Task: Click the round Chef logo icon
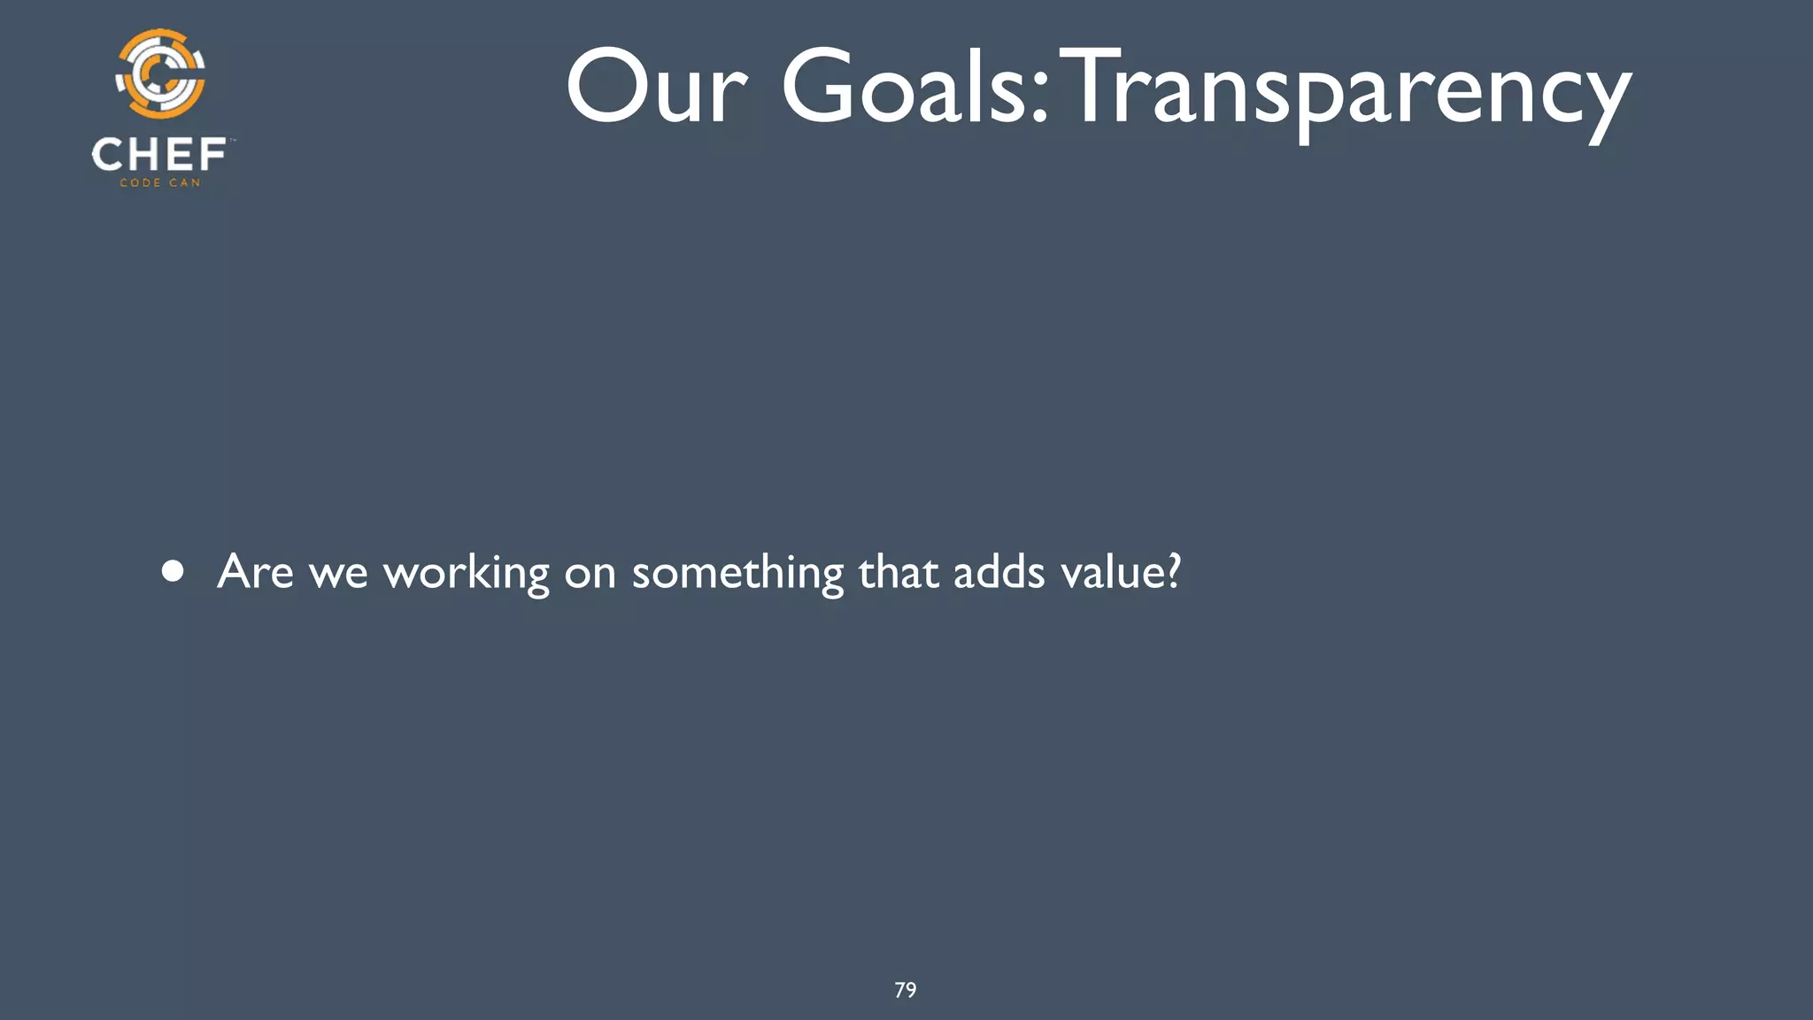(160, 74)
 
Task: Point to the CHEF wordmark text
(159, 155)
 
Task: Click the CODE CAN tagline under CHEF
(160, 183)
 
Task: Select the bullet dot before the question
(174, 571)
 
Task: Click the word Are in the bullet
(255, 571)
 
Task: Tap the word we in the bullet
(337, 574)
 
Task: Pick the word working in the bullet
(466, 574)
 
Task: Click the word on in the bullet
(590, 574)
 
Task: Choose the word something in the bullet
(737, 574)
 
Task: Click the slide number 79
(906, 990)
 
